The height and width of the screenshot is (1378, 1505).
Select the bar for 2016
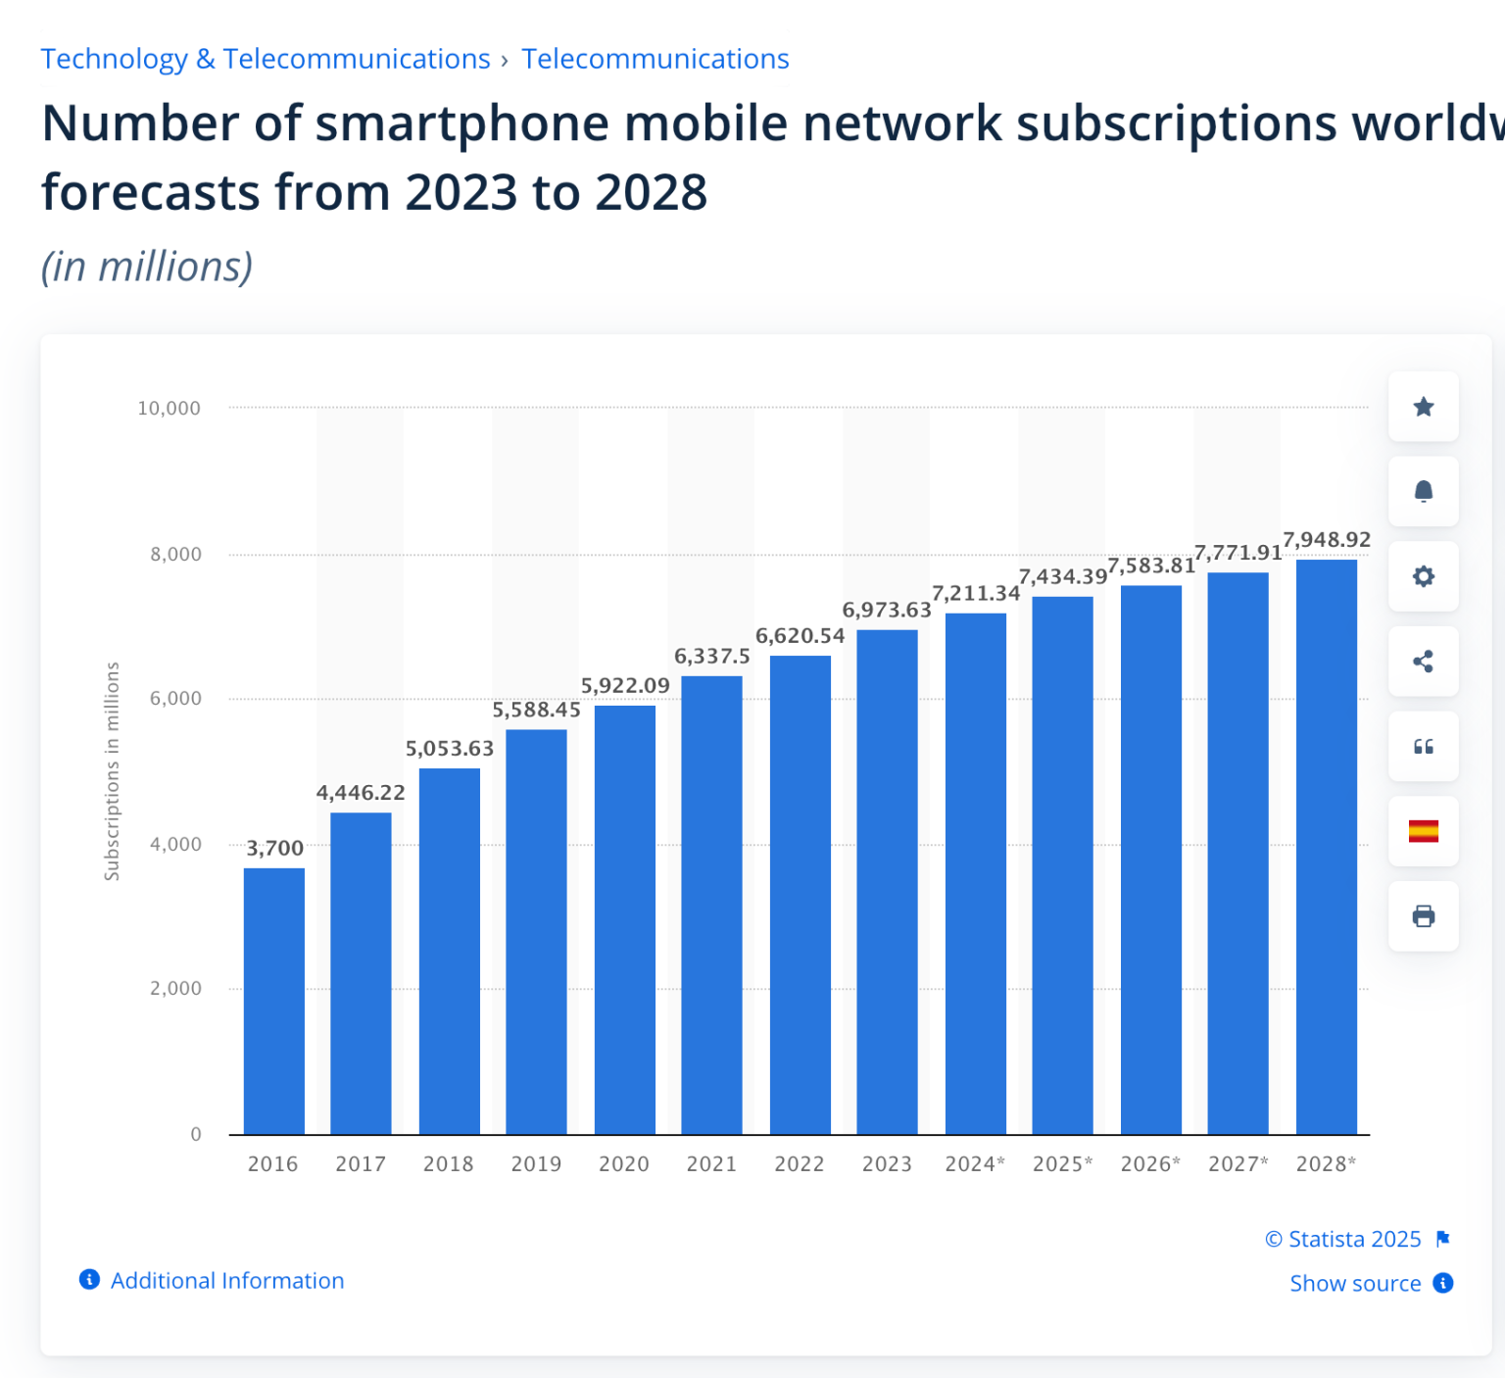273,1000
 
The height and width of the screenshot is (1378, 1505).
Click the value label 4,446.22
360,793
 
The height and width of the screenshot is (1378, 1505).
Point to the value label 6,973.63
887,611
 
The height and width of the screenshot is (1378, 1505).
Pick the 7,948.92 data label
1327,540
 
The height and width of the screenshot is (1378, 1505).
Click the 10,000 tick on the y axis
169,409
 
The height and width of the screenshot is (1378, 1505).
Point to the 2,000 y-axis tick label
175,989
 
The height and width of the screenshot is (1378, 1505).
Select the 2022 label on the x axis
800,1164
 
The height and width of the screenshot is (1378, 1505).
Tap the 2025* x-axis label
1062,1164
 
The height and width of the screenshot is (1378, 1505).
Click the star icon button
1424,407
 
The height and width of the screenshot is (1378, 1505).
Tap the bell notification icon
1424,492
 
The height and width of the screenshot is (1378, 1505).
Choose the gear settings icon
1424,576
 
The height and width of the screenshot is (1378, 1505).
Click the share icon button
1424,662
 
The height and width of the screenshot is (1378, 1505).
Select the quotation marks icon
1424,747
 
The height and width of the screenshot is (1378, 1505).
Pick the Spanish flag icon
1424,831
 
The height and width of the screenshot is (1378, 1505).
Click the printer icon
1424,916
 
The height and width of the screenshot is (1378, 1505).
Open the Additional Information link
226,1281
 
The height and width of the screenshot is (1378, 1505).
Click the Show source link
1355,1284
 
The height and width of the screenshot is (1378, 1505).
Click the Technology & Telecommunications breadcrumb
266,59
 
